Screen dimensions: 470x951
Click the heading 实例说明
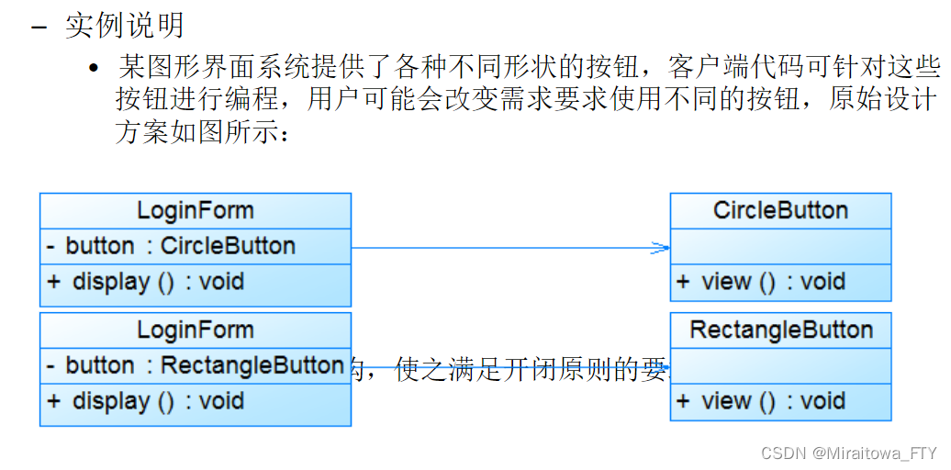[x=124, y=26]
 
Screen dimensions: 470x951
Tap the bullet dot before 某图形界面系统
[x=93, y=69]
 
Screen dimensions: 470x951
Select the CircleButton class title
[x=780, y=210]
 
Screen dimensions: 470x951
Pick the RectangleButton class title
[x=781, y=330]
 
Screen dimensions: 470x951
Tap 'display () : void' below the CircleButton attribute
[x=146, y=282]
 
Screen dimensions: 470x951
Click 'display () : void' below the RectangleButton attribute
[x=146, y=401]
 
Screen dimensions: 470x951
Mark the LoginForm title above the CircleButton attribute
[x=195, y=210]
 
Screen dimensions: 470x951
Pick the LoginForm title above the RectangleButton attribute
[x=195, y=330]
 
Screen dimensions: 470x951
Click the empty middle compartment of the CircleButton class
[x=780, y=247]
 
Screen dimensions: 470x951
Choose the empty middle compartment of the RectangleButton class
[x=780, y=366]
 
